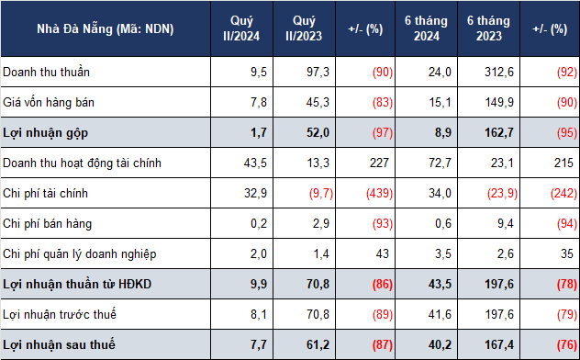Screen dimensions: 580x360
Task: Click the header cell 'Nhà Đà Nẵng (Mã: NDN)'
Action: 106,28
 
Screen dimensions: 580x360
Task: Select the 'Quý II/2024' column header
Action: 241,28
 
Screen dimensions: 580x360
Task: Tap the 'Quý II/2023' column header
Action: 304,28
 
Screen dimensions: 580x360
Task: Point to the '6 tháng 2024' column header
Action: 426,28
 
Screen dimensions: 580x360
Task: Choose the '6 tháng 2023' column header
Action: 488,28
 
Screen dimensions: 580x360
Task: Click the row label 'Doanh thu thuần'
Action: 46,72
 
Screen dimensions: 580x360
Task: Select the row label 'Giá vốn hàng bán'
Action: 49,102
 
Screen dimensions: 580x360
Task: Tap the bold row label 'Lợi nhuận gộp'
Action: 46,133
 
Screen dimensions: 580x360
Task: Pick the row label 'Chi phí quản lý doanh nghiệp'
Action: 80,254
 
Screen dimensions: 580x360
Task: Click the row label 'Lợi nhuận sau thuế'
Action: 59,344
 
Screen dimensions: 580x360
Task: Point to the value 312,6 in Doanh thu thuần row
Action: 499,72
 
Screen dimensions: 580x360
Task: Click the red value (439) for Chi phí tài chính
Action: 379,193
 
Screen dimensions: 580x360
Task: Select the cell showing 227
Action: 380,163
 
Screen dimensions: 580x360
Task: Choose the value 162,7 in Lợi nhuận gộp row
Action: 499,132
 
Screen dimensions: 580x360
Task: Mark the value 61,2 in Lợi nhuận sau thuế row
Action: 318,344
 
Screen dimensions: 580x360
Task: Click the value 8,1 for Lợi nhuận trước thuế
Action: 259,314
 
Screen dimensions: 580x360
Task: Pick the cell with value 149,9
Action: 499,102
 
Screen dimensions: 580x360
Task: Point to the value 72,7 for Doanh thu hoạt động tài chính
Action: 440,163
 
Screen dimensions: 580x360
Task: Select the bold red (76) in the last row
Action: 566,344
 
